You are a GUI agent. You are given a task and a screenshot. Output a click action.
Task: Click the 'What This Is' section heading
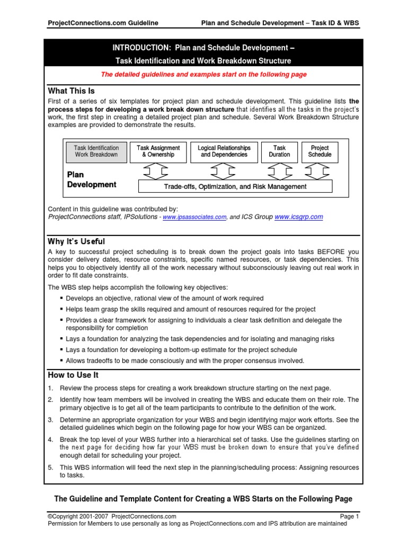(x=71, y=91)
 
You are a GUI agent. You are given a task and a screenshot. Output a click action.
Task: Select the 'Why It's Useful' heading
(x=76, y=242)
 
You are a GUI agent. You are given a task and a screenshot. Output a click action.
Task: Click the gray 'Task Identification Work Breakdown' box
(x=96, y=151)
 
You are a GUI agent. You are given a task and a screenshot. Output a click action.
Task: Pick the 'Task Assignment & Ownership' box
(x=158, y=151)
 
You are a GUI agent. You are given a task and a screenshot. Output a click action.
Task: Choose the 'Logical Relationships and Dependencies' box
(x=224, y=151)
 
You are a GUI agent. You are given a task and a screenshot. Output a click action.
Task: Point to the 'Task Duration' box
(x=279, y=151)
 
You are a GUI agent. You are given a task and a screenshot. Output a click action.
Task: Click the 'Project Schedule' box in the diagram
(x=320, y=151)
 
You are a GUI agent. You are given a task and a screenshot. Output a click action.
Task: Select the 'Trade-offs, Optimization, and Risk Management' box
(x=235, y=186)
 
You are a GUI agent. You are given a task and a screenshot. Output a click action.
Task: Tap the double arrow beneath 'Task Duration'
(x=279, y=171)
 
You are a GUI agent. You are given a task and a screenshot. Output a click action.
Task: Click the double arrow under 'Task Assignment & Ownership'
(x=157, y=171)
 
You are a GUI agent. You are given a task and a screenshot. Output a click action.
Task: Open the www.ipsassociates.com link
(x=194, y=217)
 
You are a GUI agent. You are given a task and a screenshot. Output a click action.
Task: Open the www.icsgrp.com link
(x=298, y=216)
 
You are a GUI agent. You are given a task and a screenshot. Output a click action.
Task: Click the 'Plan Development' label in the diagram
(x=91, y=179)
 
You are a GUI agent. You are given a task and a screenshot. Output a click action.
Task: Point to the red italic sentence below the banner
(x=203, y=75)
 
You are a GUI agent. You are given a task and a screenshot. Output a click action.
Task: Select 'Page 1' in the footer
(x=349, y=516)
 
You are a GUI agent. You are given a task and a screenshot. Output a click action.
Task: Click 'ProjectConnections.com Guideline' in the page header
(x=103, y=23)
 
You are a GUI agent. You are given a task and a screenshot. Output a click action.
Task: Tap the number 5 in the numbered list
(x=50, y=467)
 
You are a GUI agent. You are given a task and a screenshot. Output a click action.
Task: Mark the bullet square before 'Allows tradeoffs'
(x=62, y=361)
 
